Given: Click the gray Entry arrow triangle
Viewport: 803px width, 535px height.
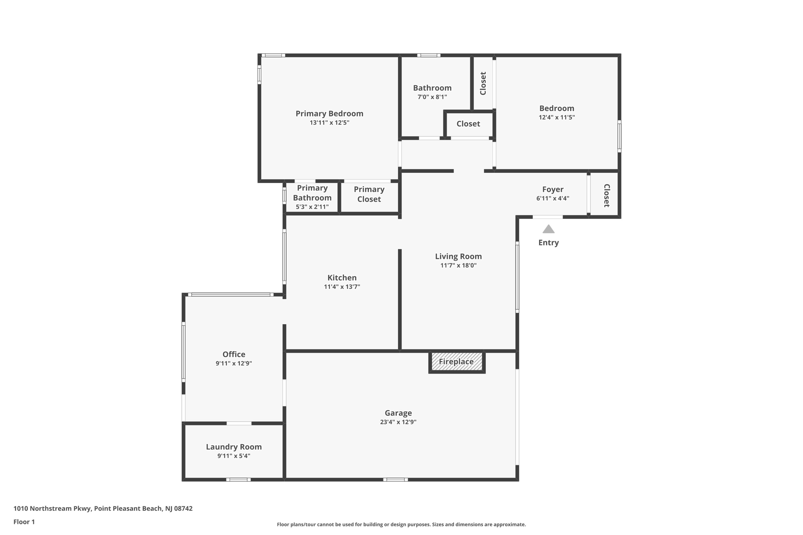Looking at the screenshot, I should pyautogui.click(x=548, y=229).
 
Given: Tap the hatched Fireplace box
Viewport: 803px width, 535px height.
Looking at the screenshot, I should pyautogui.click(x=456, y=361).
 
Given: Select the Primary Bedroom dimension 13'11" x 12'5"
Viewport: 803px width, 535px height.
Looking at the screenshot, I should pyautogui.click(x=329, y=123).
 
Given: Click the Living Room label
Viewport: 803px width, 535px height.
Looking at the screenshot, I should pyautogui.click(x=458, y=256).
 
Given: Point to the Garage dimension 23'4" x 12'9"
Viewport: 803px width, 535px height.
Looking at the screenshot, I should pyautogui.click(x=398, y=422).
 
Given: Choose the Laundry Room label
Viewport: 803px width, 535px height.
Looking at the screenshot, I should pyautogui.click(x=234, y=447).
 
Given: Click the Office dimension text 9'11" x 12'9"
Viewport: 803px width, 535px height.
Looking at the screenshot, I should pyautogui.click(x=234, y=363).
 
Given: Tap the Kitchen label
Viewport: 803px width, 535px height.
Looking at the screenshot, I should pyautogui.click(x=342, y=278).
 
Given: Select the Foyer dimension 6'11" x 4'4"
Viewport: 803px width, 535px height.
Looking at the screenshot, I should pyautogui.click(x=552, y=198).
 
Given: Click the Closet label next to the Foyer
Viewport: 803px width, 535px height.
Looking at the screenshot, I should pyautogui.click(x=606, y=195).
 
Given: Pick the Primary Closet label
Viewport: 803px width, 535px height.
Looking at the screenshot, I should pyautogui.click(x=369, y=194).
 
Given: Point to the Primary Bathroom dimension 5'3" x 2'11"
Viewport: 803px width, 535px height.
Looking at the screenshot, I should pyautogui.click(x=312, y=207).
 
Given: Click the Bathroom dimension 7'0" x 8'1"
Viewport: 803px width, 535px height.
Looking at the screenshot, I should pyautogui.click(x=432, y=97).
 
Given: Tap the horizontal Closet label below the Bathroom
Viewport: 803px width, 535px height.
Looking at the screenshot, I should pyautogui.click(x=468, y=124).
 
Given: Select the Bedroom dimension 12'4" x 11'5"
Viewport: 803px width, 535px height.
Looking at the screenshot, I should pyautogui.click(x=556, y=117).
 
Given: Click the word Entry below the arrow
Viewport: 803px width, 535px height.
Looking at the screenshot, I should pyautogui.click(x=548, y=243).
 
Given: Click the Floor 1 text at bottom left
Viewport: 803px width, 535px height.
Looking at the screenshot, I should pyautogui.click(x=24, y=522).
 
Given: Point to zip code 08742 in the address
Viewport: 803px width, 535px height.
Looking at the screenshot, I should pyautogui.click(x=183, y=508).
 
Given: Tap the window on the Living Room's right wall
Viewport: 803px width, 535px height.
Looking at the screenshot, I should pyautogui.click(x=517, y=277).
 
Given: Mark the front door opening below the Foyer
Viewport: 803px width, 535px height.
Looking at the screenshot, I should pyautogui.click(x=547, y=217).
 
